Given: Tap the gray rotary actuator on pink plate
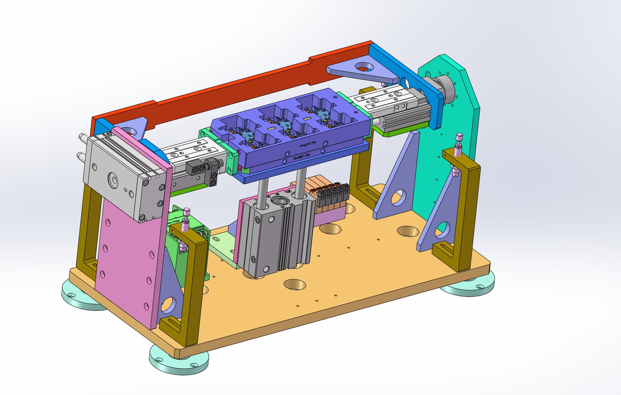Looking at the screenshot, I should pos(117,176).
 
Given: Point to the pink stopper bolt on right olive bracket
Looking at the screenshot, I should pos(458,141).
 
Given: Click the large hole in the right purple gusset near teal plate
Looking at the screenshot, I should pos(398,197).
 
